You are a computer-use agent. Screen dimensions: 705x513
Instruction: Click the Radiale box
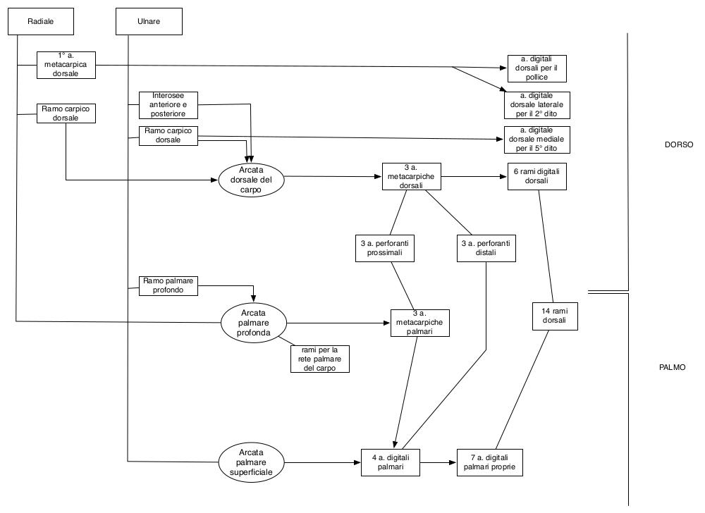click(x=41, y=21)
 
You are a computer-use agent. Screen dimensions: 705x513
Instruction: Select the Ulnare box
click(x=149, y=21)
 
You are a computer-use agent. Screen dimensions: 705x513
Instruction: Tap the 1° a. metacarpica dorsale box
click(x=66, y=65)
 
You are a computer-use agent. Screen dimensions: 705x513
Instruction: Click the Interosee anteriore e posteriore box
click(x=168, y=105)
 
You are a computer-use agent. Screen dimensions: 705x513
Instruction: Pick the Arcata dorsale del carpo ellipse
click(x=252, y=180)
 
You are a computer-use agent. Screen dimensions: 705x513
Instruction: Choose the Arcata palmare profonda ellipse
click(x=254, y=323)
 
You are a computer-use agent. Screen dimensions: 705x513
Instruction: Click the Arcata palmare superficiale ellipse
click(x=252, y=463)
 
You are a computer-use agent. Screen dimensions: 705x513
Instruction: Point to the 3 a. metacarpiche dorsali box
click(x=412, y=177)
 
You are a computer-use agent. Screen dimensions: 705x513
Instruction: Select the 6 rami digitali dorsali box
click(x=537, y=177)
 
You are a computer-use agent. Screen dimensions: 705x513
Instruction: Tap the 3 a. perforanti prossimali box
click(x=385, y=248)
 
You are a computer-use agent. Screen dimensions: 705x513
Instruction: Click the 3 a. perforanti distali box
click(x=486, y=248)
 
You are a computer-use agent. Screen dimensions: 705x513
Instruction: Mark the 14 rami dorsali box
click(x=554, y=316)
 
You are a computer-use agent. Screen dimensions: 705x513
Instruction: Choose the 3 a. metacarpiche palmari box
click(x=420, y=323)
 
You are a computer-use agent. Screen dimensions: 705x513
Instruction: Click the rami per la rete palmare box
click(x=319, y=359)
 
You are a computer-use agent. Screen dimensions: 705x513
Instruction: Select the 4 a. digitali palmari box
click(x=391, y=463)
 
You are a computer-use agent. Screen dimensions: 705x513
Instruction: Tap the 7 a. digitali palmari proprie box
click(x=490, y=463)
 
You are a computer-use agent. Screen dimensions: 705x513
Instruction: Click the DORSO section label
click(x=679, y=144)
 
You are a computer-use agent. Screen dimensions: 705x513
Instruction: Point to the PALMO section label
click(x=672, y=367)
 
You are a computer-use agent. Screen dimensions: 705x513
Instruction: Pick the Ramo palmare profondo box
click(x=168, y=285)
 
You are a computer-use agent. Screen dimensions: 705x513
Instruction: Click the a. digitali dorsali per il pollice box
click(x=537, y=68)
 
